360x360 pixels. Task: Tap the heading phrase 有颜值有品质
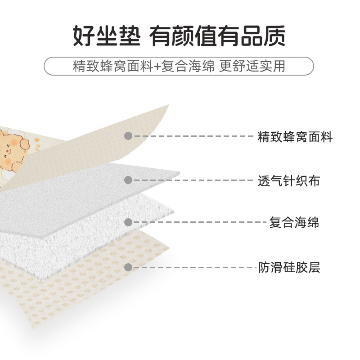[218, 36]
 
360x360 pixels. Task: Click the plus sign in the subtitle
[157, 66]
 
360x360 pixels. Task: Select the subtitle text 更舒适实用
[252, 66]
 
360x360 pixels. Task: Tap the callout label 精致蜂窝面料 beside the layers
[295, 136]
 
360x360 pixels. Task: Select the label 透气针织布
[288, 181]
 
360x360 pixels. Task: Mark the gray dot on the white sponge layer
[128, 222]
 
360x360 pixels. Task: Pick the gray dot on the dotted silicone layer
[128, 267]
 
